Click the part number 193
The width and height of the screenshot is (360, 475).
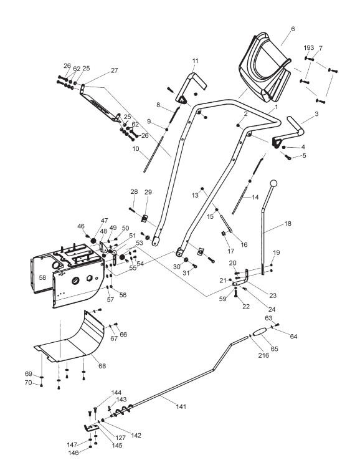[x=309, y=48]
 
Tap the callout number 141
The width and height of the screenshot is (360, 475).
[x=181, y=406]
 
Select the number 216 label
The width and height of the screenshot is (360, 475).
[x=263, y=355]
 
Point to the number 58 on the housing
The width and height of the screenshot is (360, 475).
[x=42, y=277]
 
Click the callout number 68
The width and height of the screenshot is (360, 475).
[x=102, y=366]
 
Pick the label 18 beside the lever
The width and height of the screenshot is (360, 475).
[x=288, y=224]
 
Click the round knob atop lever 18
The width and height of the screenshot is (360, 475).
[x=273, y=183]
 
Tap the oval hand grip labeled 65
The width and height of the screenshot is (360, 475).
[x=260, y=332]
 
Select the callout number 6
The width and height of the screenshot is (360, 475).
[x=293, y=29]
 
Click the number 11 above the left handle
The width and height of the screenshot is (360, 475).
[x=196, y=61]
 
